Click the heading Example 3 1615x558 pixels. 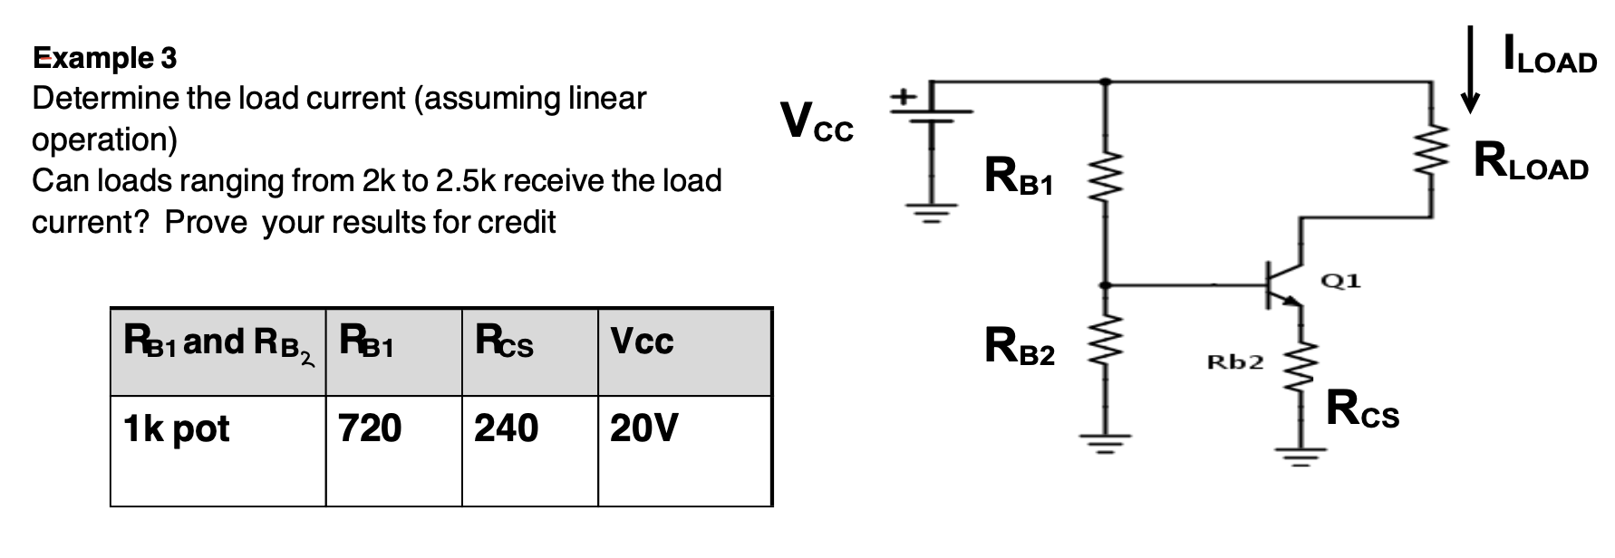tap(105, 58)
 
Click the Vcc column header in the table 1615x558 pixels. tap(642, 342)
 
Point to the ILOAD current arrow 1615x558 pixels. tap(1471, 69)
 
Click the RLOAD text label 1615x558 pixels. tap(1530, 162)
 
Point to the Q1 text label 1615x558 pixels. tap(1340, 281)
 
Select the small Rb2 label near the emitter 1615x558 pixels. tap(1234, 362)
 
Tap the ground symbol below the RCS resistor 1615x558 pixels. tap(1301, 456)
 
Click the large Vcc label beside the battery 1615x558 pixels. tap(816, 121)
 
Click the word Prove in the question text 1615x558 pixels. tap(206, 222)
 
